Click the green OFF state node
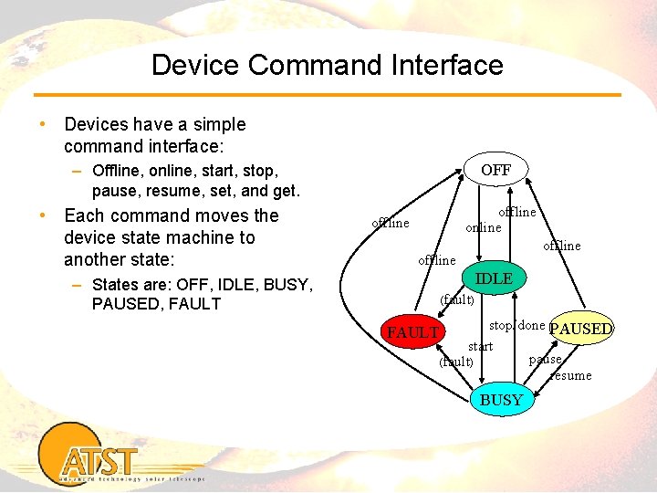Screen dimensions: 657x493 pos(495,170)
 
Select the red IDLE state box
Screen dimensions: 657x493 pos(495,278)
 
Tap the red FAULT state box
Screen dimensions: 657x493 pos(412,332)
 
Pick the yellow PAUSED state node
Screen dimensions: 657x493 pos(582,329)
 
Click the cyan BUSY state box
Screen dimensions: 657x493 pos(501,400)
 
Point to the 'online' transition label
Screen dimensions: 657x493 pos(483,227)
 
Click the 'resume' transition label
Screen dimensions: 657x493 pos(571,375)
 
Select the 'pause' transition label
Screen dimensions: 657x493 pos(546,360)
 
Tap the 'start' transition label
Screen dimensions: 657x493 pos(480,346)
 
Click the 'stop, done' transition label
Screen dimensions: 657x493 pos(517,325)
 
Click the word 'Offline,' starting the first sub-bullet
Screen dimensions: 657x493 pos(120,170)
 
